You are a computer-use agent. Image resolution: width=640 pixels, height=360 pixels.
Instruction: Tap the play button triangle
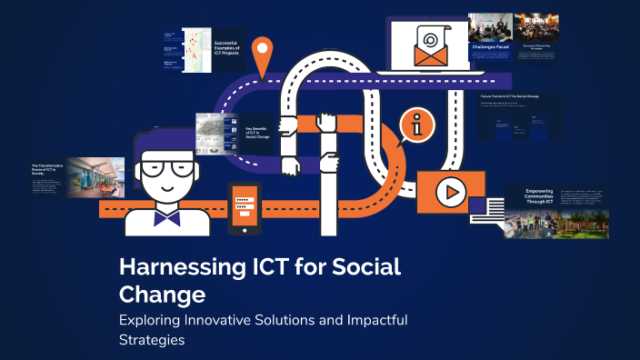448,192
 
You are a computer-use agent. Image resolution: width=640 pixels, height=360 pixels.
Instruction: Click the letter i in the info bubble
417,129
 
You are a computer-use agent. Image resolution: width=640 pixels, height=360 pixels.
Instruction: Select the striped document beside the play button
486,208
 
